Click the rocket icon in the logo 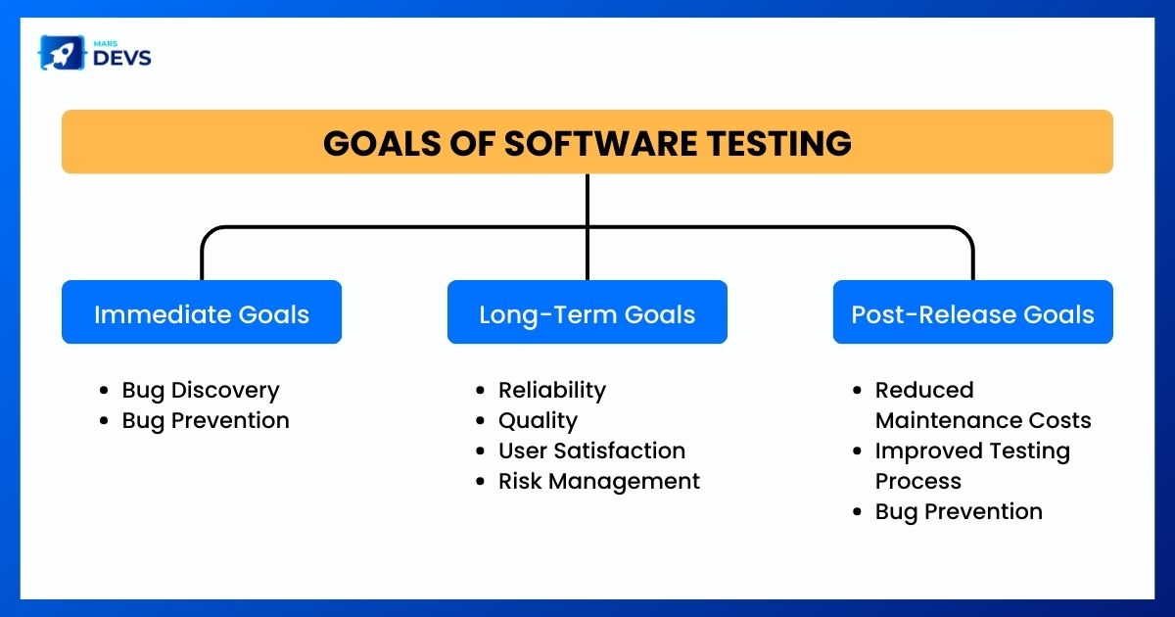point(62,53)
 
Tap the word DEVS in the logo point(122,58)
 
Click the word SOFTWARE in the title point(600,143)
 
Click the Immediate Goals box point(202,312)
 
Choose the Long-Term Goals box point(587,312)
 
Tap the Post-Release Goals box point(972,312)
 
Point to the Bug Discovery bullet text point(201,391)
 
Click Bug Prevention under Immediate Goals point(206,421)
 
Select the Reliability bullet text point(552,391)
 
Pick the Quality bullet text point(538,421)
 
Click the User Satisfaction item point(591,451)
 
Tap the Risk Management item point(599,482)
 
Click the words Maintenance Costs point(983,420)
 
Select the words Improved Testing point(972,451)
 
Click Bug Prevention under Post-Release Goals point(959,511)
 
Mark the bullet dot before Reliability point(480,391)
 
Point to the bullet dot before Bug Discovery point(104,391)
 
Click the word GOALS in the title point(382,143)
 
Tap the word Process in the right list point(918,482)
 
